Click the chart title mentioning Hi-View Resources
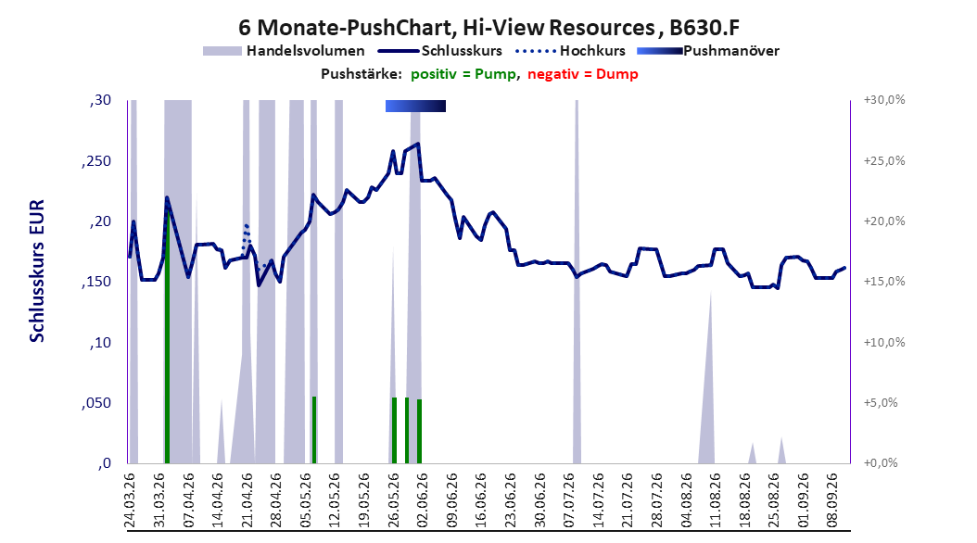(x=488, y=28)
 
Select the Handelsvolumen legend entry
(x=284, y=51)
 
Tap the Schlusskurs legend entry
(x=440, y=51)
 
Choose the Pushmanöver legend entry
(x=708, y=51)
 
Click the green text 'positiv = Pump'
(x=463, y=74)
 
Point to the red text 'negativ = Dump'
(x=583, y=74)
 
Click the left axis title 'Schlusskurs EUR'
(x=37, y=271)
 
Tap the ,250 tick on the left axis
(x=96, y=161)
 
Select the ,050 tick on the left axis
(x=96, y=403)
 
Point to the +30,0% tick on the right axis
(x=884, y=100)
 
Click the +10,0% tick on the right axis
(x=884, y=342)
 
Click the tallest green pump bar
(x=167, y=336)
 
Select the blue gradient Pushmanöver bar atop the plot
(x=415, y=106)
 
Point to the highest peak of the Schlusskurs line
(x=417, y=144)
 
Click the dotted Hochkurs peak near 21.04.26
(x=247, y=225)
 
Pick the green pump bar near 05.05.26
(x=314, y=430)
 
